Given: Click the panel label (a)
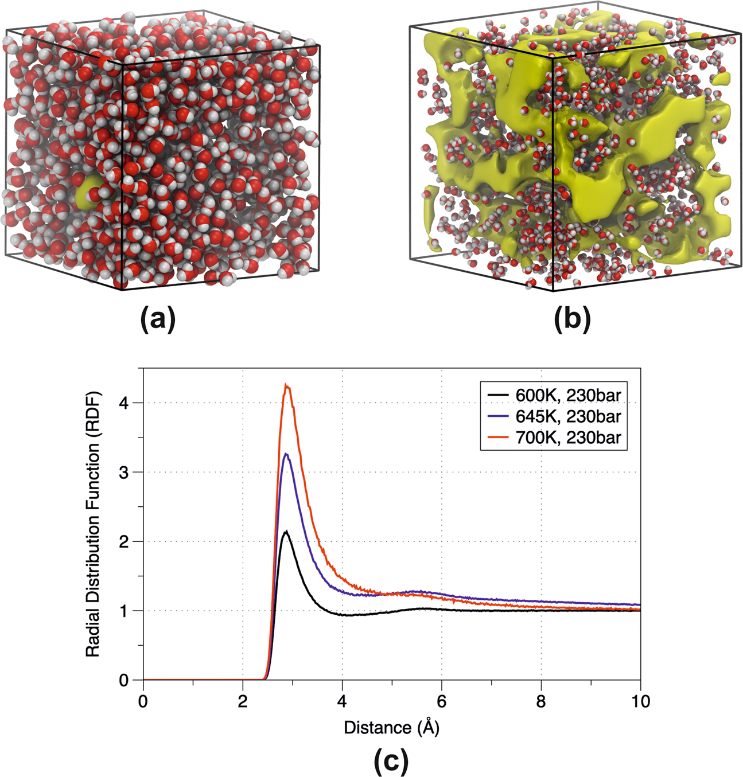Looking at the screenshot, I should pyautogui.click(x=158, y=319).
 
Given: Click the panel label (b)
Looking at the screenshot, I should pyautogui.click(x=572, y=319).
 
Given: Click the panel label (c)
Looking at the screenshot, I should pyautogui.click(x=391, y=761).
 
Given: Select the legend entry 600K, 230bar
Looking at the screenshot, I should pyautogui.click(x=567, y=395).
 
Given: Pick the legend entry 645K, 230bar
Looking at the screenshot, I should pyautogui.click(x=567, y=416).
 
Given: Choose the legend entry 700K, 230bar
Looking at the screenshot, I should pyautogui.click(x=567, y=438).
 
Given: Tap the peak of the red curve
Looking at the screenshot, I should pyautogui.click(x=287, y=386).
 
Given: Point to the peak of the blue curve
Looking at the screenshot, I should pyautogui.click(x=286, y=454).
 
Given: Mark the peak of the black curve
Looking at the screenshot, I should pyautogui.click(x=286, y=532).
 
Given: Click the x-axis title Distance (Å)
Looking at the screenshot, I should pyautogui.click(x=391, y=728).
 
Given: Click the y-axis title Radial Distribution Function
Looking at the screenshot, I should pyautogui.click(x=93, y=524).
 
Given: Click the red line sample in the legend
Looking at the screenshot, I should pyautogui.click(x=497, y=438).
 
